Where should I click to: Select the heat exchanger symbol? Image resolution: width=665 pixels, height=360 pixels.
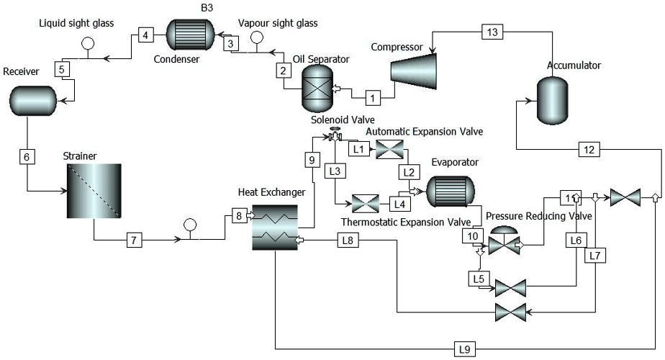[275, 225]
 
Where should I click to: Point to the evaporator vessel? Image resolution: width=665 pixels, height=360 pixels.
[449, 192]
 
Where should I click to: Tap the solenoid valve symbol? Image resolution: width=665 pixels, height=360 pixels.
[335, 135]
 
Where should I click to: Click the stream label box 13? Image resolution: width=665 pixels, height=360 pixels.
[492, 32]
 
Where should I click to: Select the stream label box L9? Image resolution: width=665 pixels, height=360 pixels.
[466, 349]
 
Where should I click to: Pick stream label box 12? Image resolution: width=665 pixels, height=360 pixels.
[589, 150]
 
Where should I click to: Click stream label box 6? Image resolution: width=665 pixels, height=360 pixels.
[26, 156]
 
